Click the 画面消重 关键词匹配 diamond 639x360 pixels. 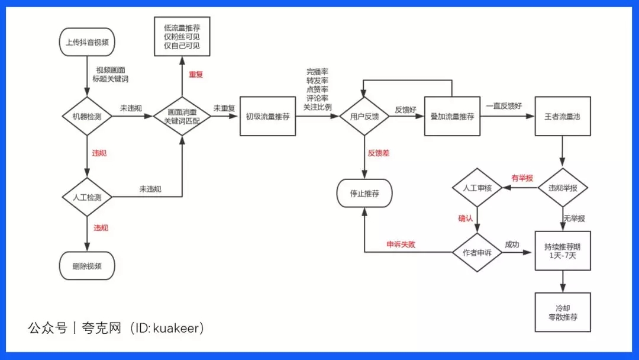pos(182,117)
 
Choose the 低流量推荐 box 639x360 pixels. pos(182,37)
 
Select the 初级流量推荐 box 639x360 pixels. pos(267,117)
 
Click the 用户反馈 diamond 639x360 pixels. pos(364,117)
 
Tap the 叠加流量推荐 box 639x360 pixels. pos(452,117)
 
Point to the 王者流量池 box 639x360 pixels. pos(562,117)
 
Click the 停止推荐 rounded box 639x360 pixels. pos(364,193)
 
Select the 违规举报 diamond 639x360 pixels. pos(562,188)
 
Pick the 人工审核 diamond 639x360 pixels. pos(477,188)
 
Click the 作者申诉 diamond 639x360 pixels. pos(477,253)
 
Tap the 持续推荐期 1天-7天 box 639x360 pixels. pos(562,250)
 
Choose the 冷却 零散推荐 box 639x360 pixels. pos(562,312)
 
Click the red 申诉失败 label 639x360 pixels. pos(401,243)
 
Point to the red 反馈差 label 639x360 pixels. pos(378,153)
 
